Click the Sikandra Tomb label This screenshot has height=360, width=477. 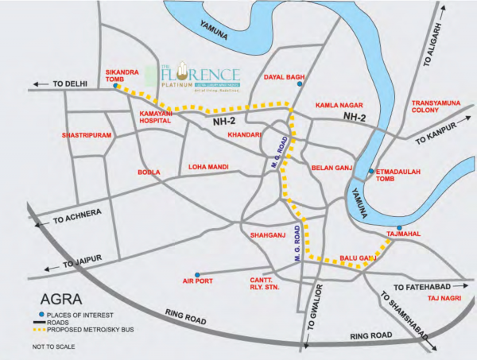[122, 75]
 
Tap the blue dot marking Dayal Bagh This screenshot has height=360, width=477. [300, 83]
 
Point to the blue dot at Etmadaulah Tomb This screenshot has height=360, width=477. [370, 171]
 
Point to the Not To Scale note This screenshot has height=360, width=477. [54, 347]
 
